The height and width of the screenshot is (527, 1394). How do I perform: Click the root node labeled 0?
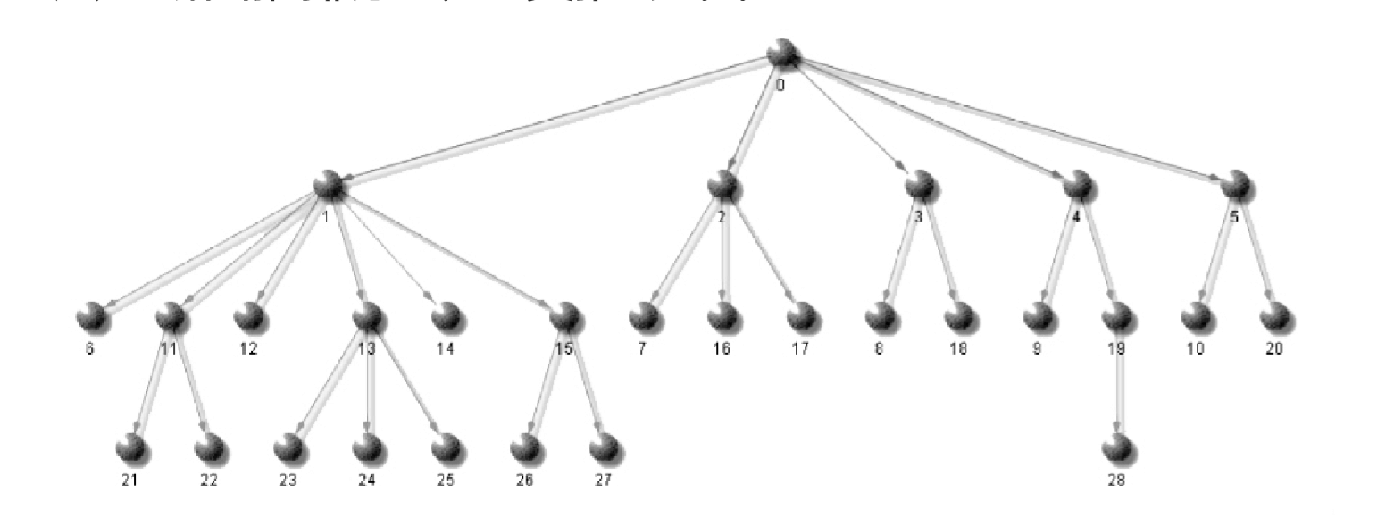point(783,54)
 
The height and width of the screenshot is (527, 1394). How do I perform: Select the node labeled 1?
point(330,184)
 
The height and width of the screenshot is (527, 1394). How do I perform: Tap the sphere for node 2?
point(722,184)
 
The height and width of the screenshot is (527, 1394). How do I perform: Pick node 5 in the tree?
point(1234,184)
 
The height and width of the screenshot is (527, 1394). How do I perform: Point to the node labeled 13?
point(366,315)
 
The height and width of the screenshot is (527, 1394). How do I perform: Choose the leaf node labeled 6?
point(90,315)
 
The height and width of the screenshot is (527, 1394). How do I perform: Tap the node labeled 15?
point(564,315)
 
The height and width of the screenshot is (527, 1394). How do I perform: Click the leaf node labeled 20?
point(1274,315)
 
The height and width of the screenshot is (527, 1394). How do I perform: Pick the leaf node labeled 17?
point(801,315)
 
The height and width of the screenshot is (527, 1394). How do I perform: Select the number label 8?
point(879,349)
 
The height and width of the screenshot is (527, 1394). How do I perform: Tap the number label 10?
point(1195,349)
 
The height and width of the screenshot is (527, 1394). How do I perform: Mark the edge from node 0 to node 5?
point(1009,120)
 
